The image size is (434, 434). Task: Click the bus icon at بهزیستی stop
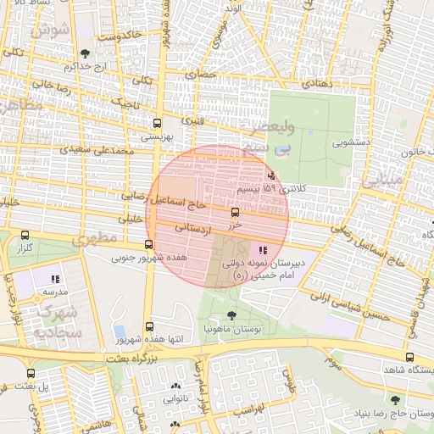[157, 122]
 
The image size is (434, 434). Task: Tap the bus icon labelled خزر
[235, 213]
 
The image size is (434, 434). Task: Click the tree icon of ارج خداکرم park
[84, 54]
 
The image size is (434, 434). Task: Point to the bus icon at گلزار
[24, 236]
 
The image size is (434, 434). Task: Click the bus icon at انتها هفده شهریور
[150, 327]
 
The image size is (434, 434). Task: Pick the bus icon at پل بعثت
[31, 373]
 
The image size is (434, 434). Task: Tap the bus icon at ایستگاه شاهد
[410, 357]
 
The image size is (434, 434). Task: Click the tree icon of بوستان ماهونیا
[232, 315]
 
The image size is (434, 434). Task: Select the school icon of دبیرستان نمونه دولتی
[263, 250]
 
